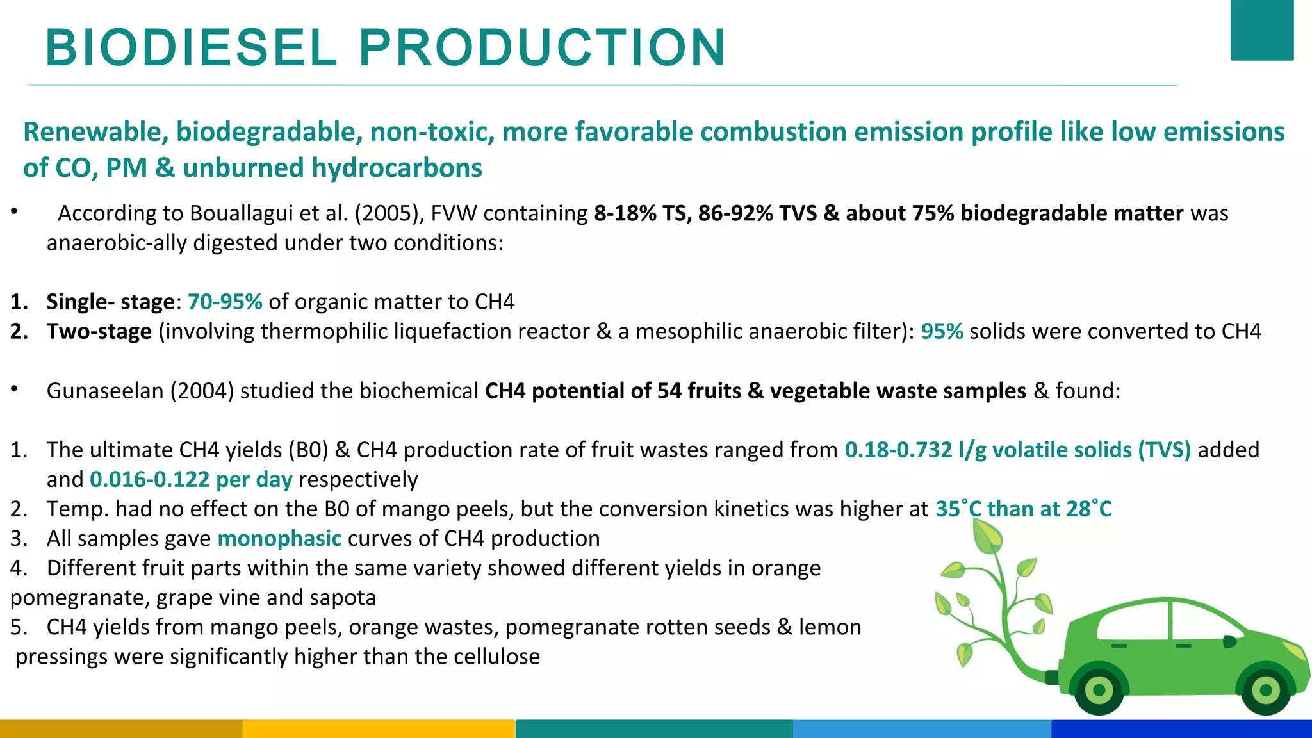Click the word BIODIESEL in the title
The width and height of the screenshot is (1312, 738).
click(x=191, y=48)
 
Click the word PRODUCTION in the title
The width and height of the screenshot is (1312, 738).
click(x=542, y=48)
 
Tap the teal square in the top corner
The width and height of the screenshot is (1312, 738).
click(x=1261, y=30)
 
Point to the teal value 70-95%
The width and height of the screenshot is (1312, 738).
click(x=225, y=302)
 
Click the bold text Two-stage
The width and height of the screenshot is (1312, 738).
click(x=99, y=331)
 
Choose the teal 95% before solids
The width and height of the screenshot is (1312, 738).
click(x=942, y=331)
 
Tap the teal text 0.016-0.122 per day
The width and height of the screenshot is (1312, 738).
click(x=191, y=479)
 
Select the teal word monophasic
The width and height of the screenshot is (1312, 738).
click(x=279, y=538)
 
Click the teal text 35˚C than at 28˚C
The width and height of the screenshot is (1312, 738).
click(x=1023, y=509)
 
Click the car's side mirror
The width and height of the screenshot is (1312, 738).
click(x=1229, y=641)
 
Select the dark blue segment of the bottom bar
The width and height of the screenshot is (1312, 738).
click(x=1181, y=728)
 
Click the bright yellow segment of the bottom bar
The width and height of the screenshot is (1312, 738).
click(x=379, y=728)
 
